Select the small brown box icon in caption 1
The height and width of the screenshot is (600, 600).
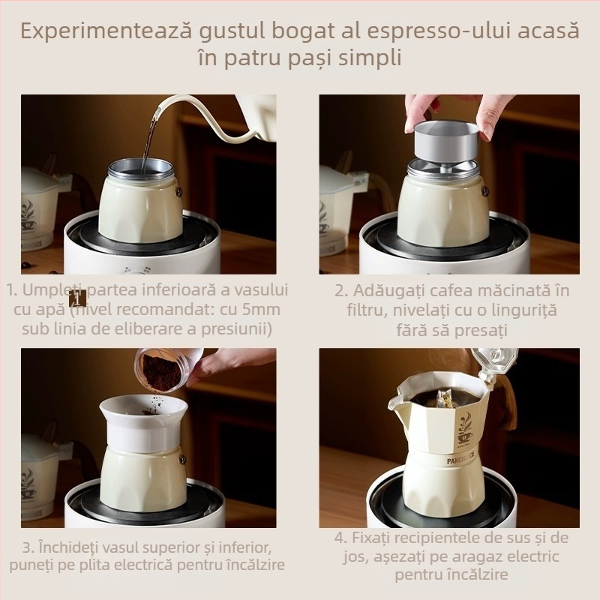point(78,298)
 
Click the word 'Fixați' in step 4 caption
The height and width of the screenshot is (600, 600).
point(370,538)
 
